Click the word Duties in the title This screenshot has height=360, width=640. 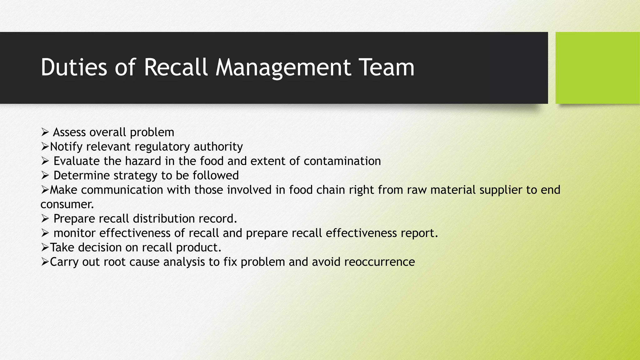tap(74, 67)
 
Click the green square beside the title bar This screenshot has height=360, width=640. tap(597, 68)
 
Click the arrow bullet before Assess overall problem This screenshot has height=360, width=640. tap(45, 132)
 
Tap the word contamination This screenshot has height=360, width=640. tap(342, 161)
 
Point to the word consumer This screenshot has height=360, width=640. tap(67, 204)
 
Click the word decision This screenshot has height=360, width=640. tap(100, 247)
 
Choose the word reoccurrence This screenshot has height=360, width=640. tap(379, 262)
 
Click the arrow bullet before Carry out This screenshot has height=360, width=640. tap(45, 262)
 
